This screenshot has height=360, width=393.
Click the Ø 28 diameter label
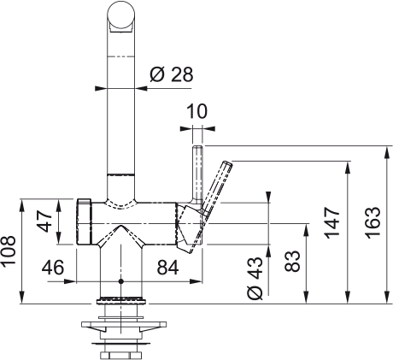pyautogui.click(x=171, y=74)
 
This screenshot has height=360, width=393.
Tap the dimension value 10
pyautogui.click(x=197, y=111)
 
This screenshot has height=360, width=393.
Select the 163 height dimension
pyautogui.click(x=373, y=224)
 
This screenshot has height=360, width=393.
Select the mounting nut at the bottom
pyautogui.click(x=120, y=351)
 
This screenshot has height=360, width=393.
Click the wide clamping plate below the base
pyautogui.click(x=120, y=325)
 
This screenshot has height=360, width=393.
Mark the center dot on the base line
pyautogui.click(x=120, y=280)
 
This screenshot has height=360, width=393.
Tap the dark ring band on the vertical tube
pyautogui.click(x=120, y=175)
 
